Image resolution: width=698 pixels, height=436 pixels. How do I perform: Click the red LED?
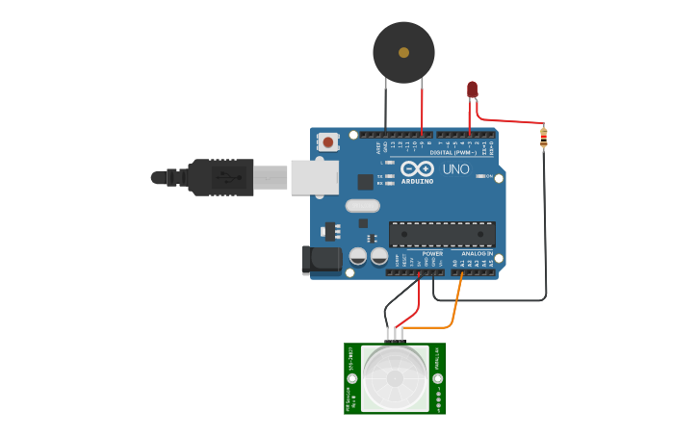[472, 90]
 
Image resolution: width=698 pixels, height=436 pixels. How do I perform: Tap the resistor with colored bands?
[543, 139]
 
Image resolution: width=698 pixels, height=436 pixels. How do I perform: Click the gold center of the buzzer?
[403, 52]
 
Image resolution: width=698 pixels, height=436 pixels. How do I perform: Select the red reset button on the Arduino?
[328, 142]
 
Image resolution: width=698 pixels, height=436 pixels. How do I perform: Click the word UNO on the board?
[455, 169]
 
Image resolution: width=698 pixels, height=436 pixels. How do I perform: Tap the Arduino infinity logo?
[417, 167]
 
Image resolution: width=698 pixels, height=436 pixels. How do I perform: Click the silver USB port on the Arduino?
[314, 177]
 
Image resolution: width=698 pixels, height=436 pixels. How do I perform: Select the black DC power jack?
[323, 259]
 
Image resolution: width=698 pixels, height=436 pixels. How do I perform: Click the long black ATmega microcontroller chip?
[442, 234]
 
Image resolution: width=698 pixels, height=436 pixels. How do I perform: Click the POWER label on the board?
[432, 254]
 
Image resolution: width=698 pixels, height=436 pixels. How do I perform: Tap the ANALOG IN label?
[476, 254]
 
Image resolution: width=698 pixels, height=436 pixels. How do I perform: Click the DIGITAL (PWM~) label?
[453, 153]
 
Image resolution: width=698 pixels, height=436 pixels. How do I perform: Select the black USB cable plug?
[221, 177]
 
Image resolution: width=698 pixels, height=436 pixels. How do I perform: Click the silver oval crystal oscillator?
[362, 205]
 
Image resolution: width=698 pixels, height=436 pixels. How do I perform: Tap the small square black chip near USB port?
[365, 181]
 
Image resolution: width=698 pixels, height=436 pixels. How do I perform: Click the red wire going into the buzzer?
[423, 106]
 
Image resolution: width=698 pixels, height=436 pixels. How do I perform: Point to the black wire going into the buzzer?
[386, 106]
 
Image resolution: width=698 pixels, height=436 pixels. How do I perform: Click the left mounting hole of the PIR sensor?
[351, 378]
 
